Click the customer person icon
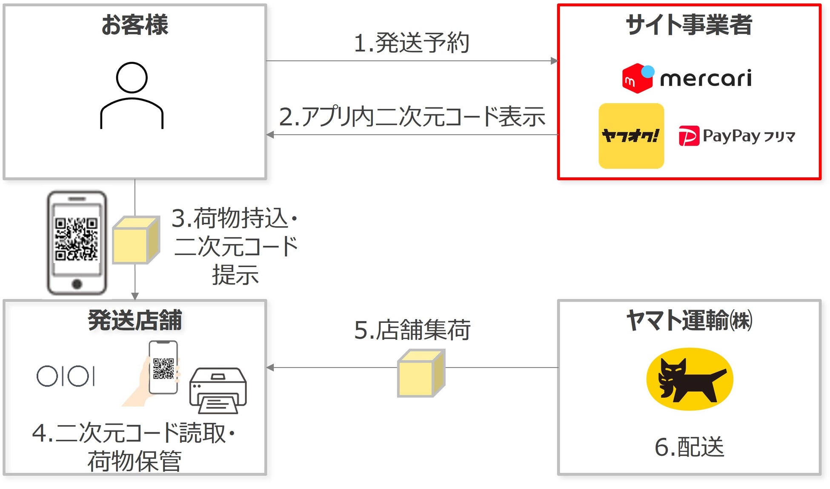click(x=132, y=95)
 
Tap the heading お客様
click(x=135, y=25)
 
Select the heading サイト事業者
click(x=689, y=25)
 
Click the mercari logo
click(x=687, y=78)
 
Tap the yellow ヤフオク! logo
click(x=631, y=136)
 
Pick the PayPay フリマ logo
click(x=737, y=136)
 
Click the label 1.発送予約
click(x=411, y=43)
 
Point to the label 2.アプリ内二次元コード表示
click(x=412, y=117)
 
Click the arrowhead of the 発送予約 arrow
click(x=554, y=61)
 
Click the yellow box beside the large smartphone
click(x=136, y=240)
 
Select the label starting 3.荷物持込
click(x=235, y=246)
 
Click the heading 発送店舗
click(x=135, y=320)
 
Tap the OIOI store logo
click(x=66, y=376)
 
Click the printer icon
click(x=218, y=390)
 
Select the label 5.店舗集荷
click(x=412, y=330)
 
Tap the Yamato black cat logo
click(x=690, y=379)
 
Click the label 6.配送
click(x=689, y=447)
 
